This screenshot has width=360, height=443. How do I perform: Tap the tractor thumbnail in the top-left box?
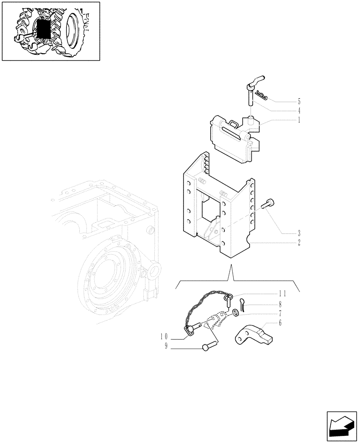51,31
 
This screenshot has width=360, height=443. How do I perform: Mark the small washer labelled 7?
235,314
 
